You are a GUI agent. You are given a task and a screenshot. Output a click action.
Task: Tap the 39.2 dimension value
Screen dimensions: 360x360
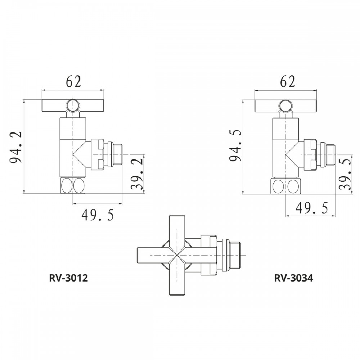pos(137,174)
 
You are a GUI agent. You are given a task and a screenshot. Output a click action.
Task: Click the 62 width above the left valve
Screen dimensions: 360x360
pos(73,82)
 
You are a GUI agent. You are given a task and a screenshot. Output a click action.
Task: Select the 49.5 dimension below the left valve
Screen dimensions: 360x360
pos(98,215)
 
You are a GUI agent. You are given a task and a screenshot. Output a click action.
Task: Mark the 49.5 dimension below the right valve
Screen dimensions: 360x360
pos(311,208)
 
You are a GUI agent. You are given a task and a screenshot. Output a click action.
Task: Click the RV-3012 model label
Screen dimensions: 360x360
pos(68,278)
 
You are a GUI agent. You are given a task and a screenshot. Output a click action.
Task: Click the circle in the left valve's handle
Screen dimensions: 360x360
pos(73,105)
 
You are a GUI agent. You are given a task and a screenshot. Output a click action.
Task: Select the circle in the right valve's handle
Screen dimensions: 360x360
pos(286,105)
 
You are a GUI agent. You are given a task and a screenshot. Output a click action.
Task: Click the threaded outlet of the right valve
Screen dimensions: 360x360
pos(330,154)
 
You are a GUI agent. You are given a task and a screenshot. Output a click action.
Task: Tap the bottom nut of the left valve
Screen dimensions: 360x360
pos(73,185)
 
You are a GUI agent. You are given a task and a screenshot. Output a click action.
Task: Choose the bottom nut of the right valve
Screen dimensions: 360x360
pos(286,186)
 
